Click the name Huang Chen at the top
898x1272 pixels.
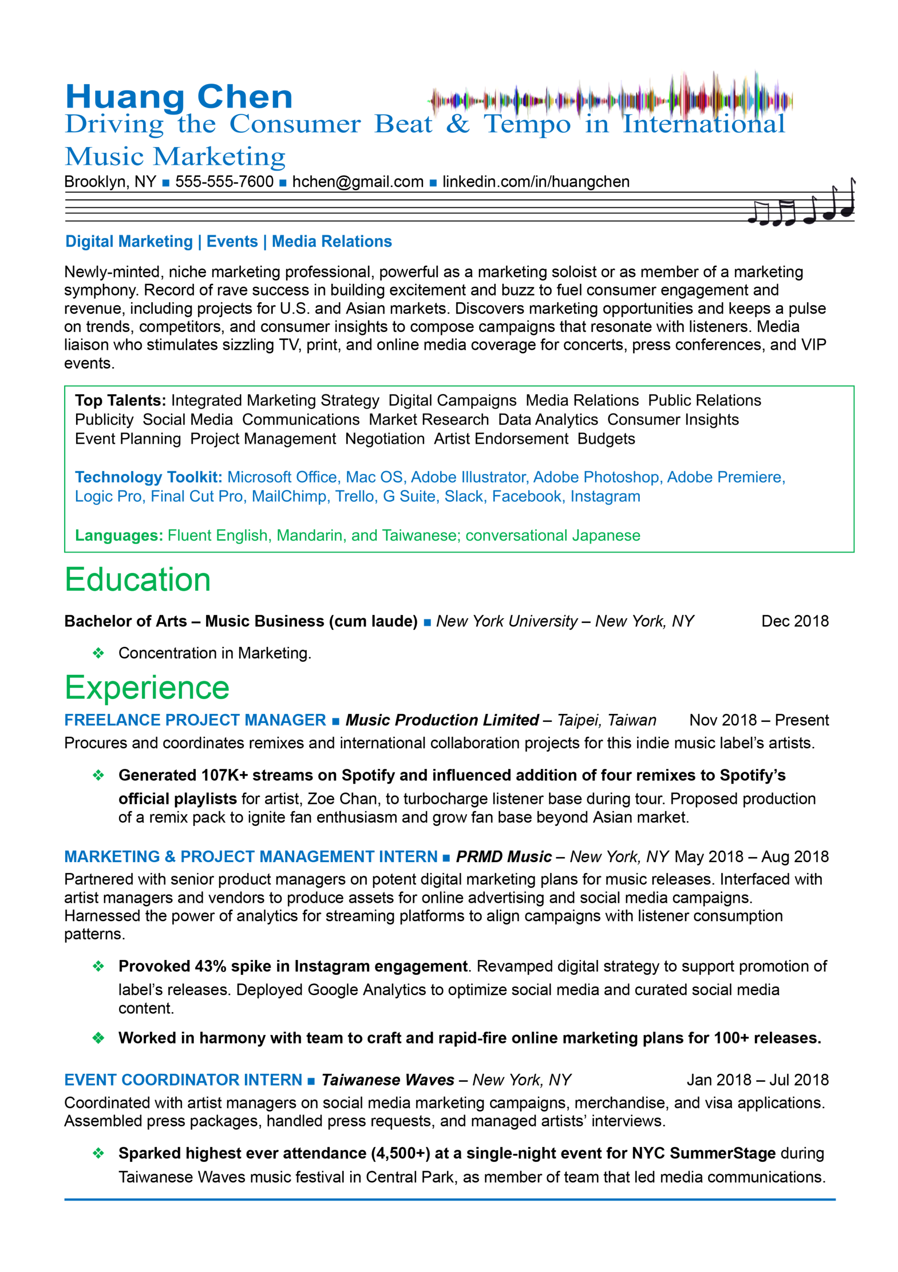click(x=178, y=97)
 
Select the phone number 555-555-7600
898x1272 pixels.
click(x=224, y=182)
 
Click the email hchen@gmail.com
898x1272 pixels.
click(x=358, y=182)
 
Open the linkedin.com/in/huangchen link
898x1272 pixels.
click(x=535, y=182)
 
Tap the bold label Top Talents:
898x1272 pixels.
click(x=120, y=400)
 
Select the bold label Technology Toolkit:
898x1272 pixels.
click(x=149, y=477)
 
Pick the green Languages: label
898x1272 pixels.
click(x=119, y=535)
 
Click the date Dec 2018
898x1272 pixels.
click(x=795, y=621)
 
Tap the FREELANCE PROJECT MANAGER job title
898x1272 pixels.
click(x=195, y=719)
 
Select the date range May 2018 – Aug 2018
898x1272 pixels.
click(x=750, y=857)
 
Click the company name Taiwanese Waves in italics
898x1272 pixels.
click(x=387, y=1080)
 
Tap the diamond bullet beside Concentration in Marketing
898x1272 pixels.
click(x=98, y=653)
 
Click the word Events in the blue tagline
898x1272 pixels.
click(x=232, y=241)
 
